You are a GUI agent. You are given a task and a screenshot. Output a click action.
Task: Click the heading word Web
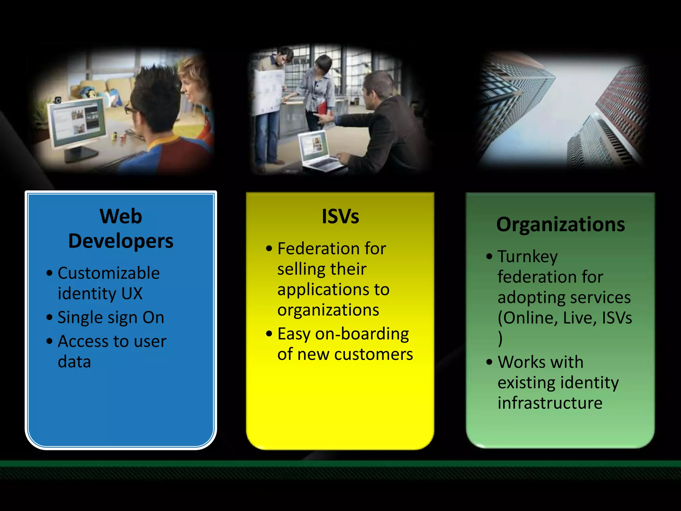click(121, 217)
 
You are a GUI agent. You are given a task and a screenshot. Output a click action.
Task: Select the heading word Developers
click(121, 241)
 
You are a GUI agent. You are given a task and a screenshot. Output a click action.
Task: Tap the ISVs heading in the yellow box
click(340, 217)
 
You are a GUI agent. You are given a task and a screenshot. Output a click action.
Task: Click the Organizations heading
click(561, 225)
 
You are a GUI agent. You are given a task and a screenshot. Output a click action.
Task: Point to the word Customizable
click(109, 273)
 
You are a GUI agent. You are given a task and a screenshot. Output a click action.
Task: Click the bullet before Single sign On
click(50, 317)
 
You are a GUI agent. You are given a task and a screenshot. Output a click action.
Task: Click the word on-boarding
click(362, 334)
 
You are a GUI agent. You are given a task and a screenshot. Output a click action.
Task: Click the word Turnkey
click(527, 256)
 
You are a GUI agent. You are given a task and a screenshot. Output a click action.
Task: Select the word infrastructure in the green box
click(550, 403)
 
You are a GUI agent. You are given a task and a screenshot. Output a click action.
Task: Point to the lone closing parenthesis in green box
click(500, 339)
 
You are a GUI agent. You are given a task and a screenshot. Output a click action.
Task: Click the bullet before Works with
click(489, 362)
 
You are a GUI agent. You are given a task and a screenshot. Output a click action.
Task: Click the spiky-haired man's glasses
click(130, 109)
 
